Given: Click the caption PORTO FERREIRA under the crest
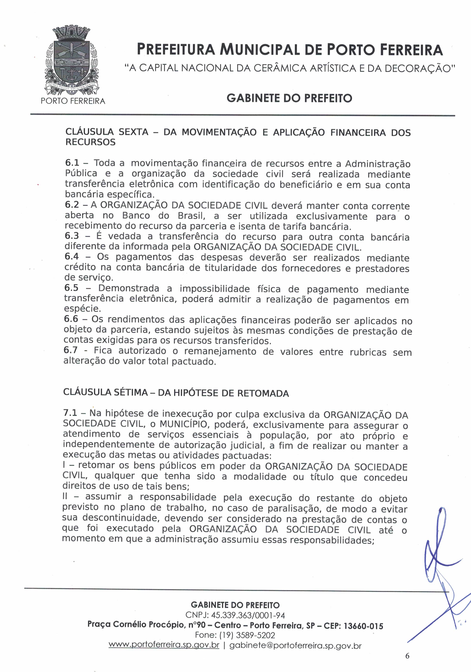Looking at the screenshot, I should click(x=73, y=101).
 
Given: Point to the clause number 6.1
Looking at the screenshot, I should click(x=72, y=163).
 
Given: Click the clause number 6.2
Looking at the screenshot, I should click(x=72, y=205).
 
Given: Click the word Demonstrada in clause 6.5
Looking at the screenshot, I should click(x=129, y=288).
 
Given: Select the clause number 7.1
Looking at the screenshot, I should click(x=70, y=413).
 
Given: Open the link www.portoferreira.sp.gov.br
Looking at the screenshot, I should click(x=164, y=645).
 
